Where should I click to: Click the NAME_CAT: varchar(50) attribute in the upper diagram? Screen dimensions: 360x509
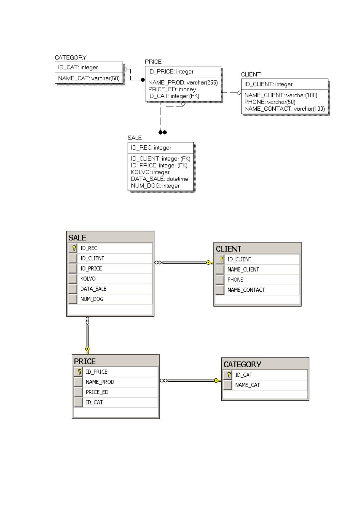coord(89,78)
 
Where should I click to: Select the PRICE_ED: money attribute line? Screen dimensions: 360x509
coord(172,89)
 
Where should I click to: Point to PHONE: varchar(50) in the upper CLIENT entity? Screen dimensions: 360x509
coord(270,102)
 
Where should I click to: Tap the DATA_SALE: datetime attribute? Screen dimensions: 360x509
coord(160,179)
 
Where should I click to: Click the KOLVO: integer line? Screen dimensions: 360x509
coord(150,172)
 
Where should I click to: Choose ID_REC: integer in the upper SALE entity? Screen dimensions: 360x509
coord(151,148)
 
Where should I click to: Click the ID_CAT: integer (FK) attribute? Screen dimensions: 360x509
coord(174,96)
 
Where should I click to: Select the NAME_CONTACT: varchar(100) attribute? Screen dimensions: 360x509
coord(284,109)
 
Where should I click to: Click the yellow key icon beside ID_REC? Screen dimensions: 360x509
coord(74,248)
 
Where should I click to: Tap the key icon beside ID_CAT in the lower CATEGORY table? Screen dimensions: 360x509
coord(229,375)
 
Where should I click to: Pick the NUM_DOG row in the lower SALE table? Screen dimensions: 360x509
coord(92,299)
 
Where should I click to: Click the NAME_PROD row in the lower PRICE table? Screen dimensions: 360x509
coord(100,382)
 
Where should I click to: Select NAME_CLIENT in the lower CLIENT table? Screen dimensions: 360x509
coord(243,270)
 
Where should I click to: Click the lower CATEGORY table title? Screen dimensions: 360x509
coord(242,365)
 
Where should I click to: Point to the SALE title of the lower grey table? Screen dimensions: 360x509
coord(77,238)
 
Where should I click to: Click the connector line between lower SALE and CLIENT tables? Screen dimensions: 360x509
coord(184,263)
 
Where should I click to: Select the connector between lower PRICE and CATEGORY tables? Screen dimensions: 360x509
coord(191,381)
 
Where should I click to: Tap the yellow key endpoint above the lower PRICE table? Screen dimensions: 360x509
coord(87,350)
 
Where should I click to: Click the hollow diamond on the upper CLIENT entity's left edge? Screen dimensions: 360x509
coord(239,92)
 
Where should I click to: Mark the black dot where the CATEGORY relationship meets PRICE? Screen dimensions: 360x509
coord(143,80)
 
